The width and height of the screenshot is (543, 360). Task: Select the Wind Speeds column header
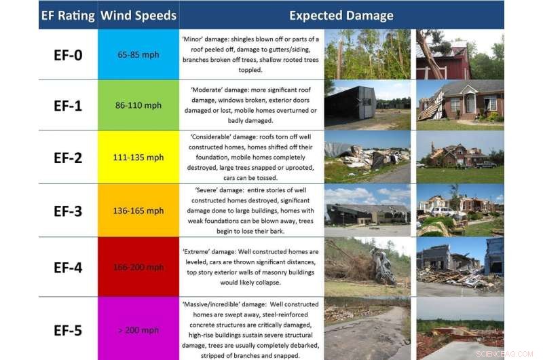click(138, 15)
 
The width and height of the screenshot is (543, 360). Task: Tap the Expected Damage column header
click(341, 15)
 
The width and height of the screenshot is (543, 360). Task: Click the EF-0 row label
click(68, 54)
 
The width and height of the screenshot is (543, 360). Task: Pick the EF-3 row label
click(68, 211)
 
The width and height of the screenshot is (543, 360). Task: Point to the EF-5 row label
click(68, 330)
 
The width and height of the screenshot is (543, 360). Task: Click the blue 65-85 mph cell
click(138, 54)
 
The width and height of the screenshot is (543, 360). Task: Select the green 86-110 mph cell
click(138, 105)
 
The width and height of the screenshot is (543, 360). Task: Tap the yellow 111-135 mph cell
click(138, 157)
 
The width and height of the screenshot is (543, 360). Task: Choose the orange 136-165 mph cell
click(138, 211)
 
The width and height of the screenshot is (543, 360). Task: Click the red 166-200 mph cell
click(138, 267)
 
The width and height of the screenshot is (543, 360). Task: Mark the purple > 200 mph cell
click(138, 330)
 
